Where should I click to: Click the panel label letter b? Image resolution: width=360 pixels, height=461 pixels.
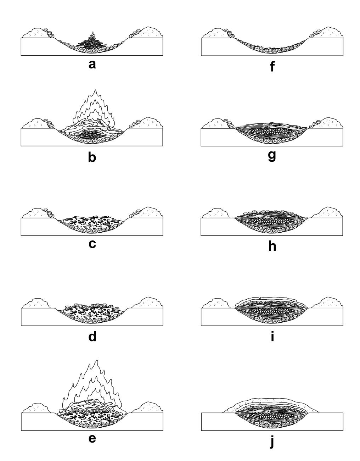(x=92, y=156)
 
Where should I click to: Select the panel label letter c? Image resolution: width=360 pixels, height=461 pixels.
(x=92, y=244)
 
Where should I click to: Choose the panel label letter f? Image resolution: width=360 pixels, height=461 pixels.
(x=272, y=66)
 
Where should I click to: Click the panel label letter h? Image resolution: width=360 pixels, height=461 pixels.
(x=272, y=246)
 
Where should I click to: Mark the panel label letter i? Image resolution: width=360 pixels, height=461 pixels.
(x=272, y=336)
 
